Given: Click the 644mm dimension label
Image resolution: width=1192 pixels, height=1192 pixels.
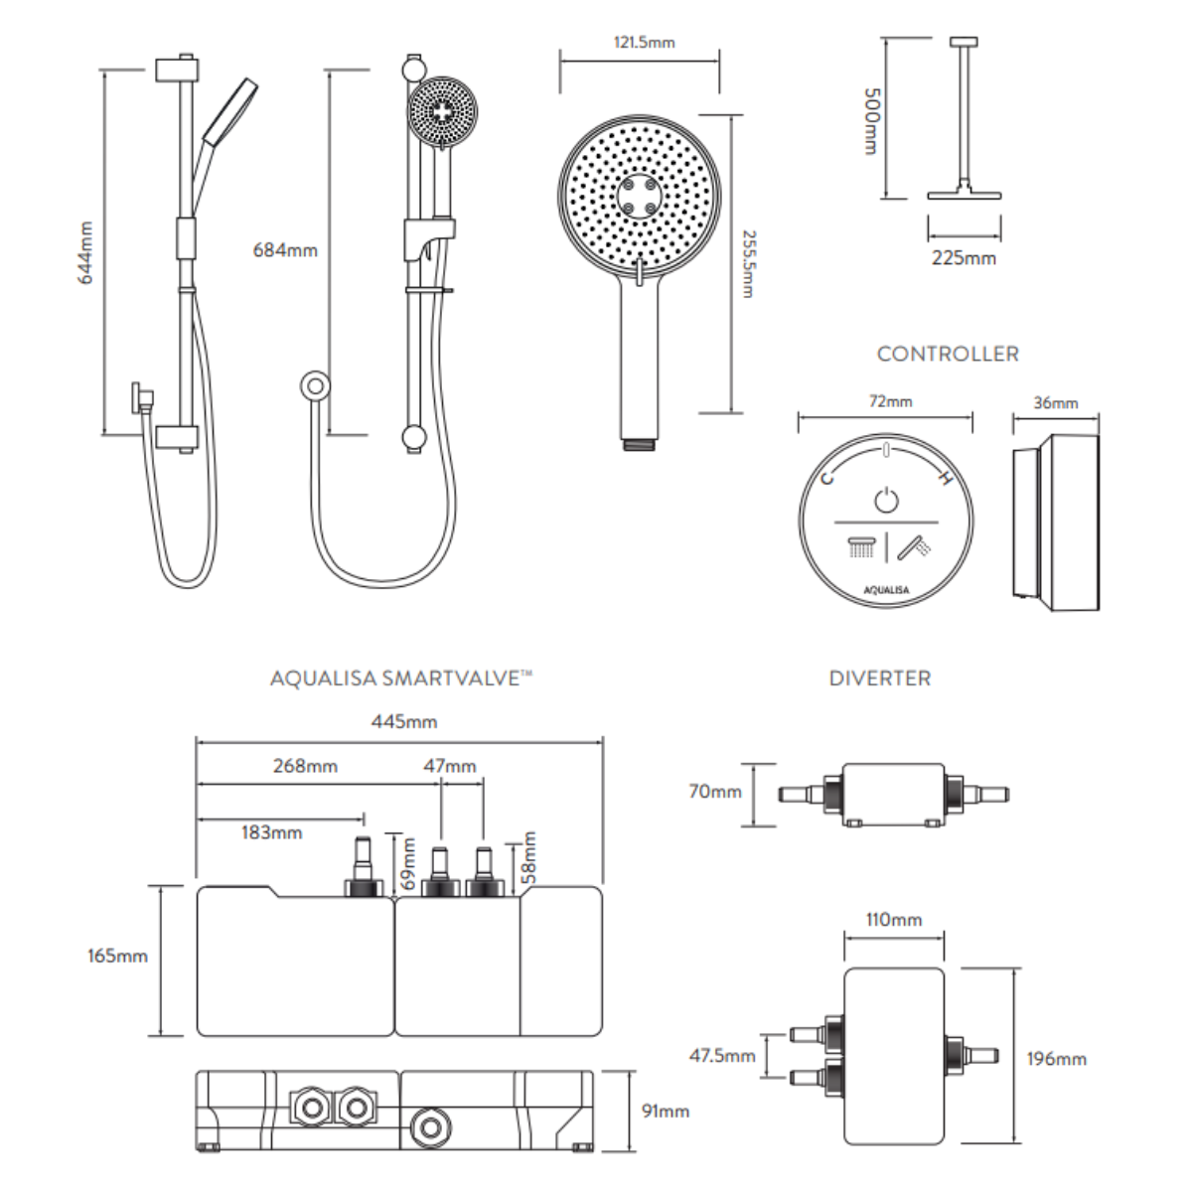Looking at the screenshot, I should (x=85, y=253).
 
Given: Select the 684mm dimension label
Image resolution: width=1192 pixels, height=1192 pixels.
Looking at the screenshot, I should (x=285, y=250).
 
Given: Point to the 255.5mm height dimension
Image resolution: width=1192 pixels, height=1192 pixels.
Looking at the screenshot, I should (x=747, y=263).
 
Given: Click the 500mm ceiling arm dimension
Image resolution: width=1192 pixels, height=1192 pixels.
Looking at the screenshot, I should (x=870, y=119).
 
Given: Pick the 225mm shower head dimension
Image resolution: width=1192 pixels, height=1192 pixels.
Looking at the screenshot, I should (x=964, y=258).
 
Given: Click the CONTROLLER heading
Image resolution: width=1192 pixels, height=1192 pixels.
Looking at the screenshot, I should (x=948, y=354).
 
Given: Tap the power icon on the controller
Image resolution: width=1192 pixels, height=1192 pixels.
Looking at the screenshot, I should (x=886, y=500).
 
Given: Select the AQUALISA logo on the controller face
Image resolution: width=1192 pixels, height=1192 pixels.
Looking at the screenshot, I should (x=886, y=589).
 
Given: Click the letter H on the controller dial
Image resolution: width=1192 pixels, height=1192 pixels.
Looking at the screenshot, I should (x=946, y=480).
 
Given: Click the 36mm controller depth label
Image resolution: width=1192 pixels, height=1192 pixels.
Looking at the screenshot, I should (x=1056, y=402).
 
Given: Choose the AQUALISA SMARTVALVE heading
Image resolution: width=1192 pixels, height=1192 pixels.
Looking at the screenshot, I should (x=401, y=679).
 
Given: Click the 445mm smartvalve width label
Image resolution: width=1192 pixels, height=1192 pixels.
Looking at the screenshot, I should (x=404, y=721).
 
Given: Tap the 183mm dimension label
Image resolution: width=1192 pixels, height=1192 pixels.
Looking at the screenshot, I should (x=271, y=832).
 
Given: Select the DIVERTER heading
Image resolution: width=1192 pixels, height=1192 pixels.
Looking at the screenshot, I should (x=880, y=679).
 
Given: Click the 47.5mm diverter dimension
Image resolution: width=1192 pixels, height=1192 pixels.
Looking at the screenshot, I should (x=722, y=1056).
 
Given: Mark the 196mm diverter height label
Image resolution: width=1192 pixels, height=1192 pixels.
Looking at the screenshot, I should (x=1056, y=1059).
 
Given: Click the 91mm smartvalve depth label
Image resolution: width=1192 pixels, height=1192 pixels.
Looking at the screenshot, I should (x=665, y=1111).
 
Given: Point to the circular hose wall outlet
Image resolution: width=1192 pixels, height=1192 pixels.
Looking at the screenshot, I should (x=315, y=387).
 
